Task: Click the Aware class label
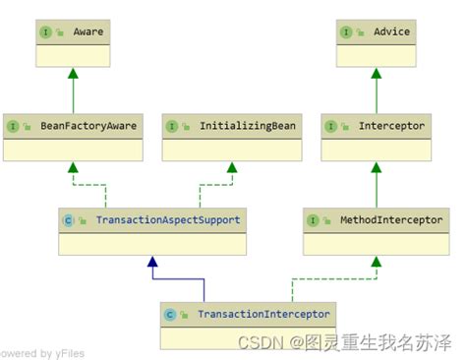(x=87, y=31)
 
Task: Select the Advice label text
(x=391, y=31)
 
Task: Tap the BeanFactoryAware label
(x=87, y=126)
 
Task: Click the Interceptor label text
(x=391, y=126)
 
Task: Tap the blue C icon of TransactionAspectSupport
(x=68, y=219)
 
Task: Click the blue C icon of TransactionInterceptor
(x=170, y=314)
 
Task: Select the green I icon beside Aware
(x=46, y=31)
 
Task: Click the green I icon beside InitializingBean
(x=172, y=126)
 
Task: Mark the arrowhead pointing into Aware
(x=72, y=74)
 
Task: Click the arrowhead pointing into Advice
(x=376, y=74)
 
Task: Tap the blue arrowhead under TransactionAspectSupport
(x=151, y=263)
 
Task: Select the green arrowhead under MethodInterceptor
(x=376, y=263)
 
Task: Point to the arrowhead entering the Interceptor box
(x=376, y=168)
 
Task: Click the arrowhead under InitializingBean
(x=232, y=168)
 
